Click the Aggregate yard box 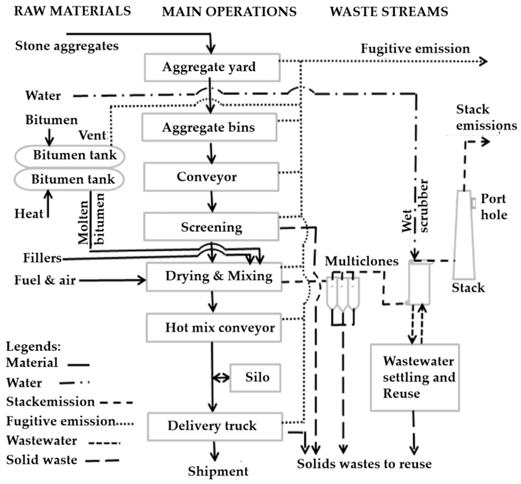[x=212, y=67]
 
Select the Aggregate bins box [x=209, y=127]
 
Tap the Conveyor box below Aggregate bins [x=211, y=177]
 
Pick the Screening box [x=211, y=227]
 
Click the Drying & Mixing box [x=214, y=277]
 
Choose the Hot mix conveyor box [x=214, y=327]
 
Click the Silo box [x=255, y=378]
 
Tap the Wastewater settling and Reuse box [x=415, y=377]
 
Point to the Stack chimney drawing [x=464, y=234]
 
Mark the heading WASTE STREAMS [x=389, y=12]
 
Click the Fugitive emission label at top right [x=415, y=49]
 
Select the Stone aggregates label [x=67, y=46]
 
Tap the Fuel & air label [x=45, y=280]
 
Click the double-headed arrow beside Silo [x=221, y=378]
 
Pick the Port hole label [x=494, y=207]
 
